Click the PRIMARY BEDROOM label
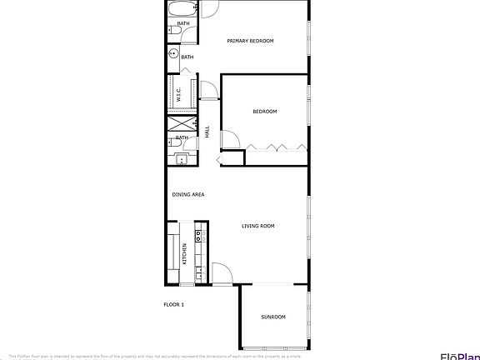coord(251,40)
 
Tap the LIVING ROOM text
coord(258,226)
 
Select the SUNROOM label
coord(273,317)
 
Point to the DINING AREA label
coord(188,194)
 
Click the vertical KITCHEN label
coord(184,253)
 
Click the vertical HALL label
coord(207,131)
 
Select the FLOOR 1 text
coord(173,304)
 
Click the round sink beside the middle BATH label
coord(174,54)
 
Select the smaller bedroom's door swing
coord(230,141)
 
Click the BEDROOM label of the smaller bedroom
coord(265,111)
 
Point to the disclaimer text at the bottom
coord(167,355)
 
